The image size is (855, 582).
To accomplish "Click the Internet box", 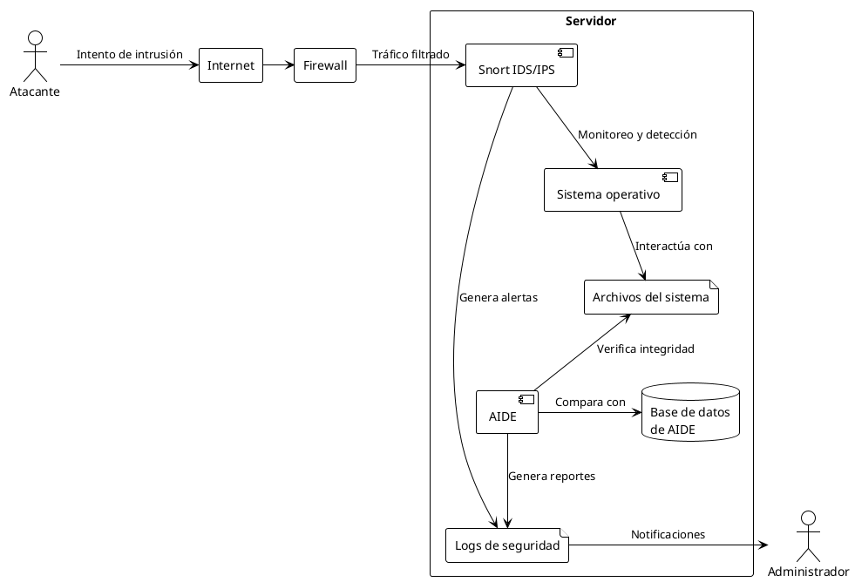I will (x=231, y=65).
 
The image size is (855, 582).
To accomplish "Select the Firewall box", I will (x=325, y=65).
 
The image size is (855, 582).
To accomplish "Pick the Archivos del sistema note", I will (x=651, y=297).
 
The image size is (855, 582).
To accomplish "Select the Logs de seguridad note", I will (x=507, y=545).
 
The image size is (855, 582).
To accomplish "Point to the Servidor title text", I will (x=591, y=21).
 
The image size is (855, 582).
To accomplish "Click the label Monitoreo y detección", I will (x=637, y=135).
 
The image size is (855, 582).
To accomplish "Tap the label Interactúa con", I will (x=674, y=246).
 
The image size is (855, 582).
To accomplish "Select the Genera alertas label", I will (x=499, y=297).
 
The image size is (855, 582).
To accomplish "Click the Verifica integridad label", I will (x=645, y=349).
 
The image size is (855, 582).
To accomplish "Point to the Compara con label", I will (x=590, y=402).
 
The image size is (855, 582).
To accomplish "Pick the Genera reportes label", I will (x=552, y=477).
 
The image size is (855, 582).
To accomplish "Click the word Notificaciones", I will (x=668, y=534).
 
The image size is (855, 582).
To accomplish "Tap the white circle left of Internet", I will (x=36, y=38).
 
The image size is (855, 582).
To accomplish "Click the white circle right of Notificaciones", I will (x=808, y=518).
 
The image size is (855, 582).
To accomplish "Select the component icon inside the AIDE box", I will (x=526, y=399).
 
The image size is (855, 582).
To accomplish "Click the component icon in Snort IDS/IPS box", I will (x=565, y=51).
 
